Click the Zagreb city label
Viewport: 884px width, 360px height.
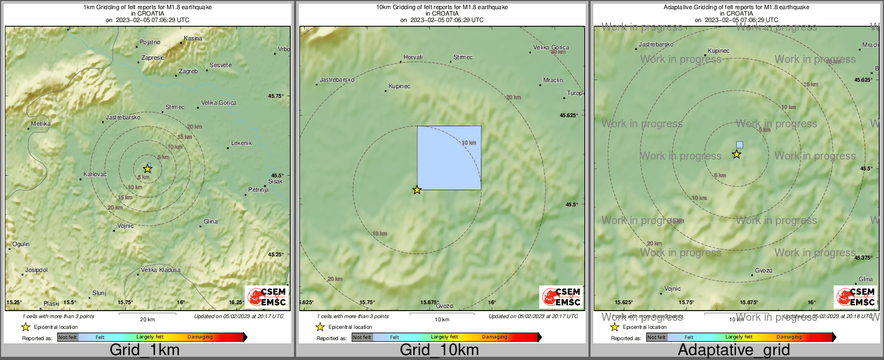point(188,71)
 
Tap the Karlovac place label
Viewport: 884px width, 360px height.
point(95,175)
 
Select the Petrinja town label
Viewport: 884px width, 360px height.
point(258,190)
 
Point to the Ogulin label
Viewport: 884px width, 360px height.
point(21,244)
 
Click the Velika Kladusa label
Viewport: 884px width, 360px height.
point(160,270)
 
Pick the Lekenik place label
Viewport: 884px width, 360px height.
point(241,143)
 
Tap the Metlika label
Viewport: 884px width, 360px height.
point(41,124)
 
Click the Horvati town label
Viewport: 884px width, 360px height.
point(413,57)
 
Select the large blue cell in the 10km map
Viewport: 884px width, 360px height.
point(449,157)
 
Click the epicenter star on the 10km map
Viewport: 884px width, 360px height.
point(417,190)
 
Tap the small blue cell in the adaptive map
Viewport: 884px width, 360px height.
point(739,145)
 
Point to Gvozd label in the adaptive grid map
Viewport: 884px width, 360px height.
point(764,271)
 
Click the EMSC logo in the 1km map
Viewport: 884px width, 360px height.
point(267,297)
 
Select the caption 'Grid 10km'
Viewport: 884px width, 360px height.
point(439,350)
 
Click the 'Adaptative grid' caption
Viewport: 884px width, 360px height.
point(734,350)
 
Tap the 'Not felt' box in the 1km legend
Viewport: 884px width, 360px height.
point(68,337)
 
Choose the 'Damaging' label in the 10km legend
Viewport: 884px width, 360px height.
point(494,337)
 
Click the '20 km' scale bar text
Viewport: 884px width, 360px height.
point(147,320)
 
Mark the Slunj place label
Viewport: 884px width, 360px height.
point(99,293)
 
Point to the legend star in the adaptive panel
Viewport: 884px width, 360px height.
point(614,327)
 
